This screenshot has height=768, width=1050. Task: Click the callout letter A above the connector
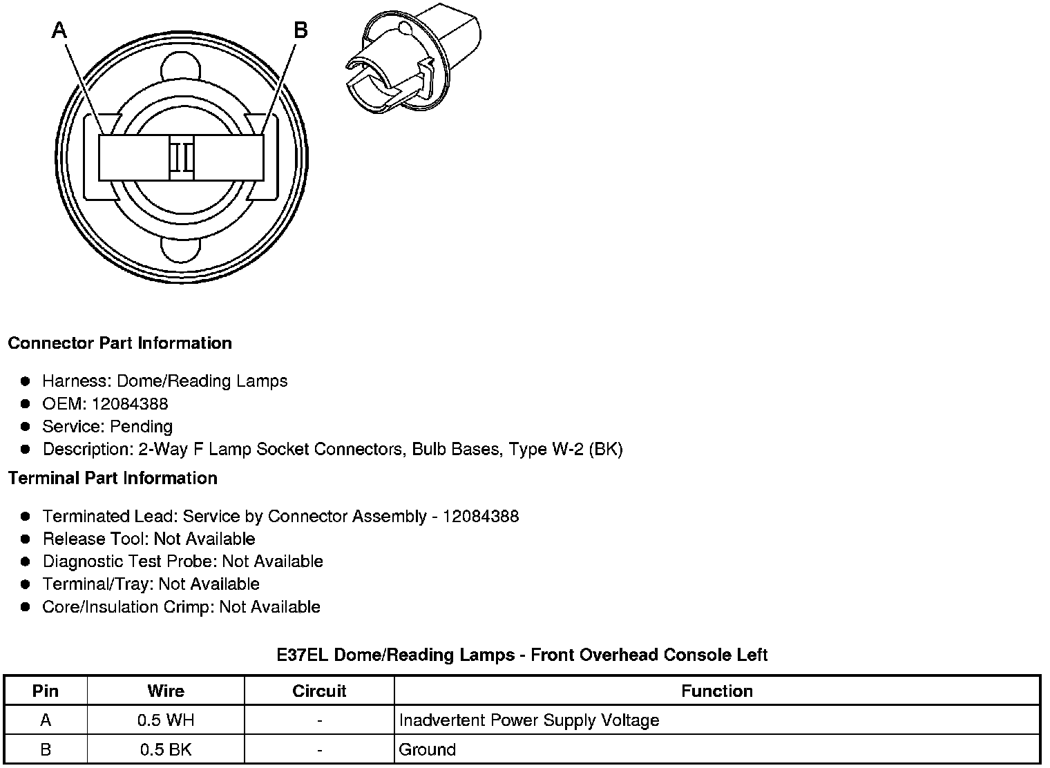click(60, 30)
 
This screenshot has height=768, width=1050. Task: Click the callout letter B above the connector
click(300, 30)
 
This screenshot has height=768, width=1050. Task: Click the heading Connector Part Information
click(120, 343)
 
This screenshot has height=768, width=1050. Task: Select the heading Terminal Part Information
click(113, 478)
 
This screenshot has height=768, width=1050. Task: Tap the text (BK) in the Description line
click(607, 449)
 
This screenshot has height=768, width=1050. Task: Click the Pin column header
click(46, 691)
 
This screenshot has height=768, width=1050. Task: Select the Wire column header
click(166, 691)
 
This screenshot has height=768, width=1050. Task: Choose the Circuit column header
click(319, 691)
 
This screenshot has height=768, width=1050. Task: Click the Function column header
click(716, 691)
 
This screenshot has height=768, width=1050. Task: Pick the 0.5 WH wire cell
click(166, 720)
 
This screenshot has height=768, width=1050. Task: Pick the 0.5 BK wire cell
click(166, 749)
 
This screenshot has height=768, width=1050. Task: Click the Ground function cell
click(428, 749)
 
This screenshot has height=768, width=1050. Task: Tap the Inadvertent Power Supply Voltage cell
click(529, 720)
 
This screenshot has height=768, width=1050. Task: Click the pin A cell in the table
click(46, 720)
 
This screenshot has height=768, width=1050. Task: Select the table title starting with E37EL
click(522, 655)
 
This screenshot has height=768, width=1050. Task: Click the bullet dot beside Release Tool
click(26, 539)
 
